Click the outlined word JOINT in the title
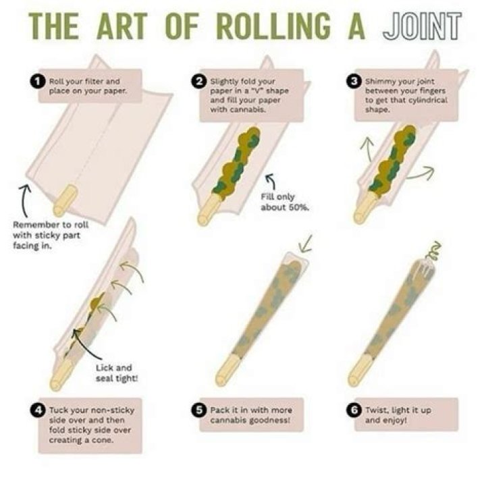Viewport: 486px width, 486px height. [422, 26]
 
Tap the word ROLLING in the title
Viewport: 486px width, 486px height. [273, 26]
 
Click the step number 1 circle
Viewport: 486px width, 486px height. [38, 82]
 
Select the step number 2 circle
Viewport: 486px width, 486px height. [199, 82]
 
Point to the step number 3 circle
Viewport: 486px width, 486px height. [354, 82]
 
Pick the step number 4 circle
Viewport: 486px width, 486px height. [38, 410]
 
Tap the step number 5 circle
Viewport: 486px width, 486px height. [199, 410]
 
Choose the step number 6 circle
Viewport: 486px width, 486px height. [354, 410]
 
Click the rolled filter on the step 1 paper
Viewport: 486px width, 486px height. [65, 200]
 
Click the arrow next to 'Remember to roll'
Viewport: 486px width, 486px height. [24, 200]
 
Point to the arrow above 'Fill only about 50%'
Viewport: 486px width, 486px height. [271, 181]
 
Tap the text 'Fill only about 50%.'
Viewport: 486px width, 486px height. [285, 202]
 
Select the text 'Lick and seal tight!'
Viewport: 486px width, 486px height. [117, 373]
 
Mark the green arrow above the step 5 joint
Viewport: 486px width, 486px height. [305, 244]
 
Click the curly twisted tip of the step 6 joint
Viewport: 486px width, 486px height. [433, 251]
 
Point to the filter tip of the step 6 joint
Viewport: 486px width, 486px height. [360, 370]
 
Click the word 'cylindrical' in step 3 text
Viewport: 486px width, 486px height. [429, 101]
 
